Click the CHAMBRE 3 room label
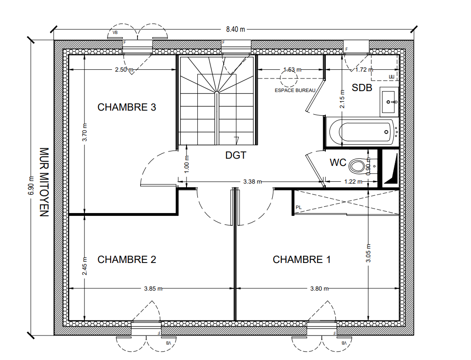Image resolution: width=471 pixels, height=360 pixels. [127, 107]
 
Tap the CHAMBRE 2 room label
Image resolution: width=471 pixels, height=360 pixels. [127, 259]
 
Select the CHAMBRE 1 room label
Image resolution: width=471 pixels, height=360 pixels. [302, 259]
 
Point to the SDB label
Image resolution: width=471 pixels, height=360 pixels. [362, 88]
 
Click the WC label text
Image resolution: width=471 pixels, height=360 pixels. [338, 162]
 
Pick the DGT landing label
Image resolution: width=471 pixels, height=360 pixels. [236, 155]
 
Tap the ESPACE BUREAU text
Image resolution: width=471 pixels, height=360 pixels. [295, 90]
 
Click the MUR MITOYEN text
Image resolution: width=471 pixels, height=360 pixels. [44, 182]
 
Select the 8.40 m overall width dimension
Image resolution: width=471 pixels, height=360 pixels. [235, 29]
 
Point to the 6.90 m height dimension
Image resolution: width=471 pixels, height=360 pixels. [31, 185]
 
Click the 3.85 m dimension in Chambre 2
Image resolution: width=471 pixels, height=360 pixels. [153, 288]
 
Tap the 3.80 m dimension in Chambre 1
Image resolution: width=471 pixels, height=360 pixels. [319, 288]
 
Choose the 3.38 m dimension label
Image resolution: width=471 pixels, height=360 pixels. [252, 182]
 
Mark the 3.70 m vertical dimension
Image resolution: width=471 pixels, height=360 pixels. [85, 132]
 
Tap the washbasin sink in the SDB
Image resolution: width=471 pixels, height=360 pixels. [389, 102]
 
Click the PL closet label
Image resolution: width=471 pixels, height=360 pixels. [298, 208]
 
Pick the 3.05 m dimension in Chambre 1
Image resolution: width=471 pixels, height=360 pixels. [368, 253]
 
